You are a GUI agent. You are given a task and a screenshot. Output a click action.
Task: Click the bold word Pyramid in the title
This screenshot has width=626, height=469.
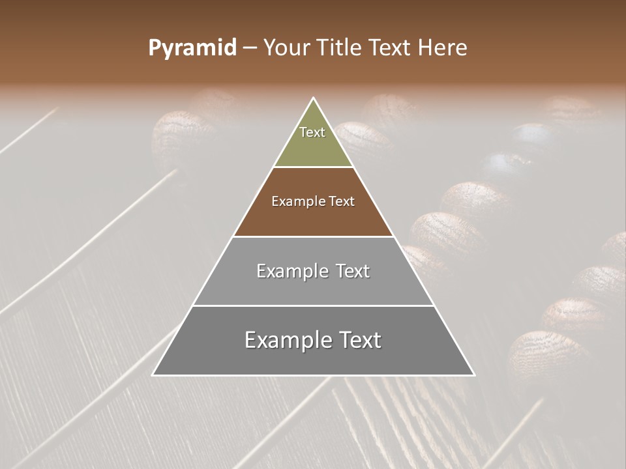pyautogui.click(x=192, y=48)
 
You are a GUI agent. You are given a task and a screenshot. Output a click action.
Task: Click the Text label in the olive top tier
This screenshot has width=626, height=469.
pyautogui.click(x=312, y=132)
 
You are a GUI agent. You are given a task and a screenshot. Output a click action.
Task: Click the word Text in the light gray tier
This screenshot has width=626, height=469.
pyautogui.click(x=353, y=271)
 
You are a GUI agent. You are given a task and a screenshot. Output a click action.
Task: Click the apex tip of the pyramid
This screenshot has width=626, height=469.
pyautogui.click(x=314, y=98)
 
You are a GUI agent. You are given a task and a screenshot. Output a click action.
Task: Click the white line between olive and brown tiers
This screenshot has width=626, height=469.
pyautogui.click(x=314, y=167)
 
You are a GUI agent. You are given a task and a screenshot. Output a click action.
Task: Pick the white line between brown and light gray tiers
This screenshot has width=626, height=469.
pyautogui.click(x=314, y=236)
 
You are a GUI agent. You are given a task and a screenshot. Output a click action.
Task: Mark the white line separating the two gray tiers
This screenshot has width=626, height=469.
pyautogui.click(x=314, y=306)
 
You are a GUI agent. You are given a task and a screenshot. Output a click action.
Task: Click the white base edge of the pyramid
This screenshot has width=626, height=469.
pyautogui.click(x=314, y=375)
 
